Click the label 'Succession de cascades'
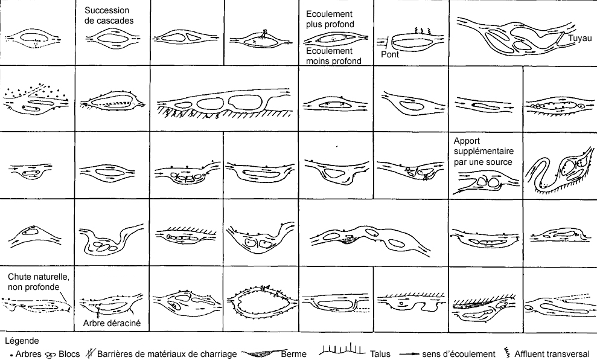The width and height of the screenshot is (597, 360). click(109, 16)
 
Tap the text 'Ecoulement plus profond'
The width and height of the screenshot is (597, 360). click(330, 19)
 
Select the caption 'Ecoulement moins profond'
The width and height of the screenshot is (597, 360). click(334, 56)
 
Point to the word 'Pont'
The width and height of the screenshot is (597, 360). click(390, 54)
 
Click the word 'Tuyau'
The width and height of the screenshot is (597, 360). click(580, 38)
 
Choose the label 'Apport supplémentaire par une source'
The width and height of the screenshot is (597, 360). click(484, 151)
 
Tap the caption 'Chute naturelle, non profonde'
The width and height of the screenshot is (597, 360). click(38, 281)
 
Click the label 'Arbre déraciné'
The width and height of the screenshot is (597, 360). click(112, 323)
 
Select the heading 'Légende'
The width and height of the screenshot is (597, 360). click(22, 341)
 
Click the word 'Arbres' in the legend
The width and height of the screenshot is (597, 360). click(28, 354)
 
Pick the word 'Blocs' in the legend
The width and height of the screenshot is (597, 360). click(69, 354)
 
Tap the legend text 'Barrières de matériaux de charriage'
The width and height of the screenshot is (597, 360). click(167, 355)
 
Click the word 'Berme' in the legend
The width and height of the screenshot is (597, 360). click(293, 354)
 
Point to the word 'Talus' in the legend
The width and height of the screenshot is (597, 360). click(380, 354)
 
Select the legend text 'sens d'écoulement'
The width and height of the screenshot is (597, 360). click(458, 354)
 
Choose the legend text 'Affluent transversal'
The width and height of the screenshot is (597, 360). click(552, 354)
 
